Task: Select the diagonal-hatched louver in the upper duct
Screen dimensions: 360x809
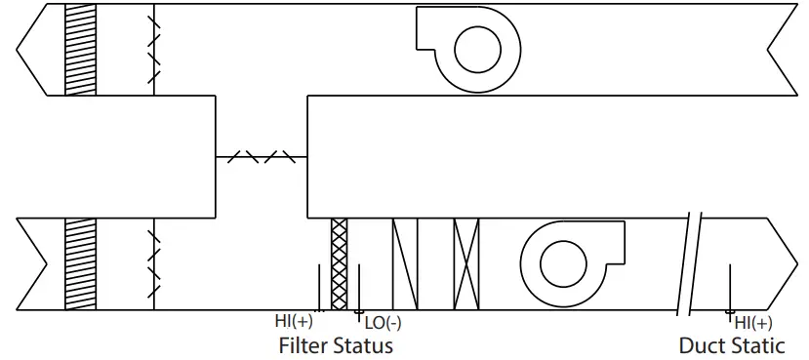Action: pyautogui.click(x=81, y=49)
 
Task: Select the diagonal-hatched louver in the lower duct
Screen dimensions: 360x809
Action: pyautogui.click(x=81, y=263)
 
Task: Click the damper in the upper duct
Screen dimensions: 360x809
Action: pyautogui.click(x=154, y=49)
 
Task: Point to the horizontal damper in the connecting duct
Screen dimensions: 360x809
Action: pyautogui.click(x=261, y=156)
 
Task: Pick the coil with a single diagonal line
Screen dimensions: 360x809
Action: pyautogui.click(x=405, y=263)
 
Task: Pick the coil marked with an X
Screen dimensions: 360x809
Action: pyautogui.click(x=467, y=263)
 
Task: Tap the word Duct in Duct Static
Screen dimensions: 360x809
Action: pyautogui.click(x=702, y=345)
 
